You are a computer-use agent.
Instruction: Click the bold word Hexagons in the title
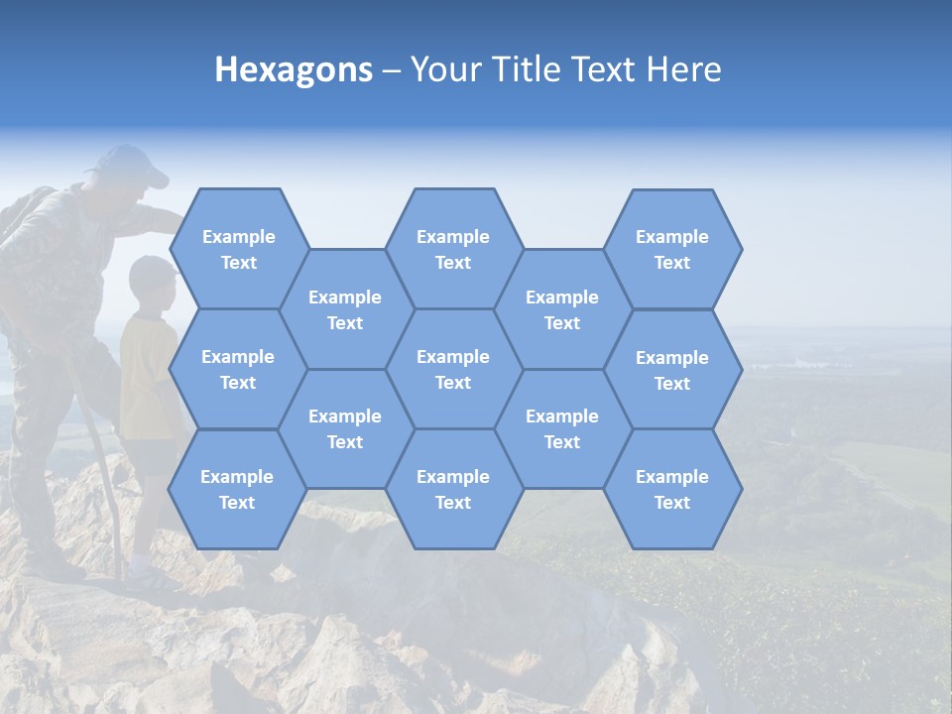pyautogui.click(x=294, y=69)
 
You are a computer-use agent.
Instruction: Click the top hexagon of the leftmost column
pyautogui.click(x=238, y=249)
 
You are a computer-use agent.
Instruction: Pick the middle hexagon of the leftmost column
pyautogui.click(x=238, y=369)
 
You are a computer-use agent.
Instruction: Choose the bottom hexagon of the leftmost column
pyautogui.click(x=237, y=489)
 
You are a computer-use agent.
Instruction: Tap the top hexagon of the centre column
pyautogui.click(x=453, y=249)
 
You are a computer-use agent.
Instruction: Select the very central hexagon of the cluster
pyautogui.click(x=453, y=369)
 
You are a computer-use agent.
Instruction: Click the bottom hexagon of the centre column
pyautogui.click(x=453, y=489)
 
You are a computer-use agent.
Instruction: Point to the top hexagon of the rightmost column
pyautogui.click(x=672, y=249)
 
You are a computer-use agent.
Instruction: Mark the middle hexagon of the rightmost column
pyautogui.click(x=672, y=370)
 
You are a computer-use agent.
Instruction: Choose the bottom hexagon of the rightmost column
pyautogui.click(x=672, y=489)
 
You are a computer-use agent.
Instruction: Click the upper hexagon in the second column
pyautogui.click(x=345, y=309)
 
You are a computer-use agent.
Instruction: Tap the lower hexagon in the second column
pyautogui.click(x=345, y=428)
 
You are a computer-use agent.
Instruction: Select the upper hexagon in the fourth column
pyautogui.click(x=562, y=309)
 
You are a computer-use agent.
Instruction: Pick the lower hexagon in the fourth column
pyautogui.click(x=562, y=428)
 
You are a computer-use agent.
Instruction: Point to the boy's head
pyautogui.click(x=152, y=280)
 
